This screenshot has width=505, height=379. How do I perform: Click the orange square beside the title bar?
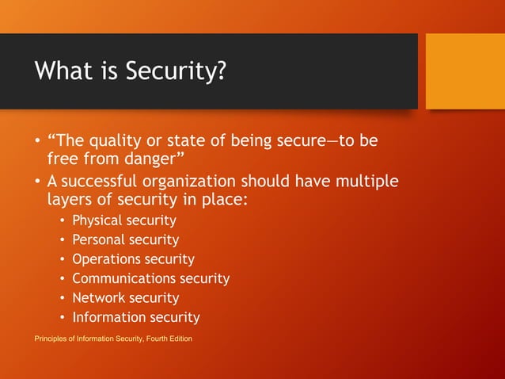465,71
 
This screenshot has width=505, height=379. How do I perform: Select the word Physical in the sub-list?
98,220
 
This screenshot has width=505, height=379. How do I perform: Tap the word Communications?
123,278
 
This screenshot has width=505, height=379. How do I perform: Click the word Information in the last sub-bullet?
108,317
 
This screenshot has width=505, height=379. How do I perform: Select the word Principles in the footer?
50,339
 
